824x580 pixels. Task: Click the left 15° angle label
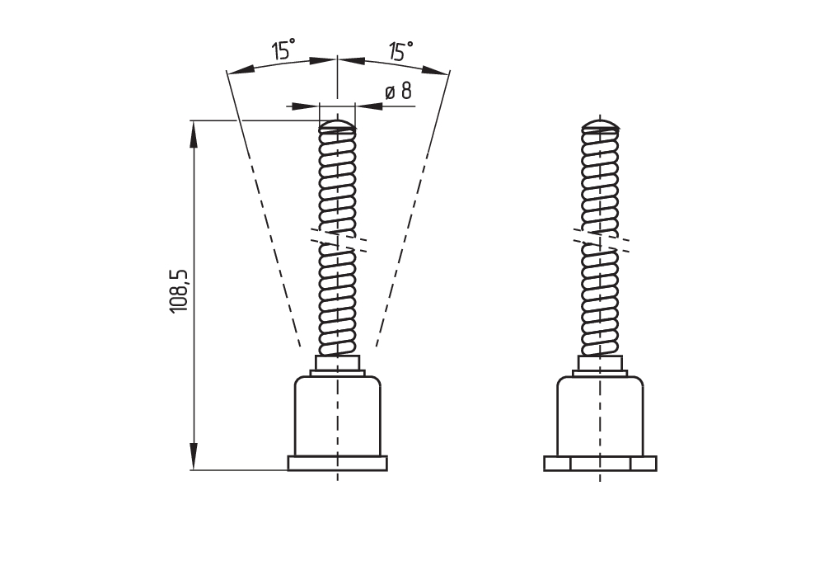pos(283,51)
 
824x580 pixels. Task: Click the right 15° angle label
pos(400,52)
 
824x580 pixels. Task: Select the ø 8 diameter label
pos(399,91)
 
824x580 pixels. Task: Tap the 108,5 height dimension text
pos(180,290)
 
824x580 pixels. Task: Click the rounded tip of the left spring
pos(337,126)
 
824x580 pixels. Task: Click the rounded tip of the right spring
pos(600,126)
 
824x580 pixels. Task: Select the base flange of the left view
pos(337,463)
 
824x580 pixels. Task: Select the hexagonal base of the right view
pos(600,463)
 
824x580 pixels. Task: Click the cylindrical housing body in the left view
pos(337,417)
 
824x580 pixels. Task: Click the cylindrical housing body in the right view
pos(600,417)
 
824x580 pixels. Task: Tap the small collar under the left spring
pos(337,363)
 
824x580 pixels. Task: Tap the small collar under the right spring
pos(600,363)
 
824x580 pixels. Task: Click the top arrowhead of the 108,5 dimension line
pos(194,133)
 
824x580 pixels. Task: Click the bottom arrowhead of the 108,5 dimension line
pos(194,457)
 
